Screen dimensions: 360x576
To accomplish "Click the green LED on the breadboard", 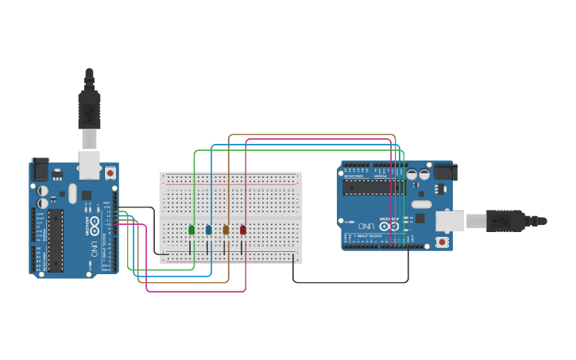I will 191,230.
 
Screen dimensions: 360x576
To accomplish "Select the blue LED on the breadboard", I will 209,230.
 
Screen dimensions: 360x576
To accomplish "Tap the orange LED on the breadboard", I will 226,230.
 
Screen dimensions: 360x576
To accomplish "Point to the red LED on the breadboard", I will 243,230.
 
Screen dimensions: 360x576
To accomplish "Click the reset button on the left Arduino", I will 110,172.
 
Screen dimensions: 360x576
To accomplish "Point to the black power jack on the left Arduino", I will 40,169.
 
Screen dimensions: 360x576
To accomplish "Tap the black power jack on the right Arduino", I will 443,171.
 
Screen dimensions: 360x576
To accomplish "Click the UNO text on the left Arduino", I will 93,250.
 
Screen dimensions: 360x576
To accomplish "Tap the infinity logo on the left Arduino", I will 95,224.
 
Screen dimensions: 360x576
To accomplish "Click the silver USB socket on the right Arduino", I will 450,221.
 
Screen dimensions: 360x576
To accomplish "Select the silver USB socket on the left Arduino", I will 89,164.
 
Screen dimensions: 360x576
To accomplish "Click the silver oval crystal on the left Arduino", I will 72,193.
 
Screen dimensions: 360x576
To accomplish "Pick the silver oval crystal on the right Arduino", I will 420,204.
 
